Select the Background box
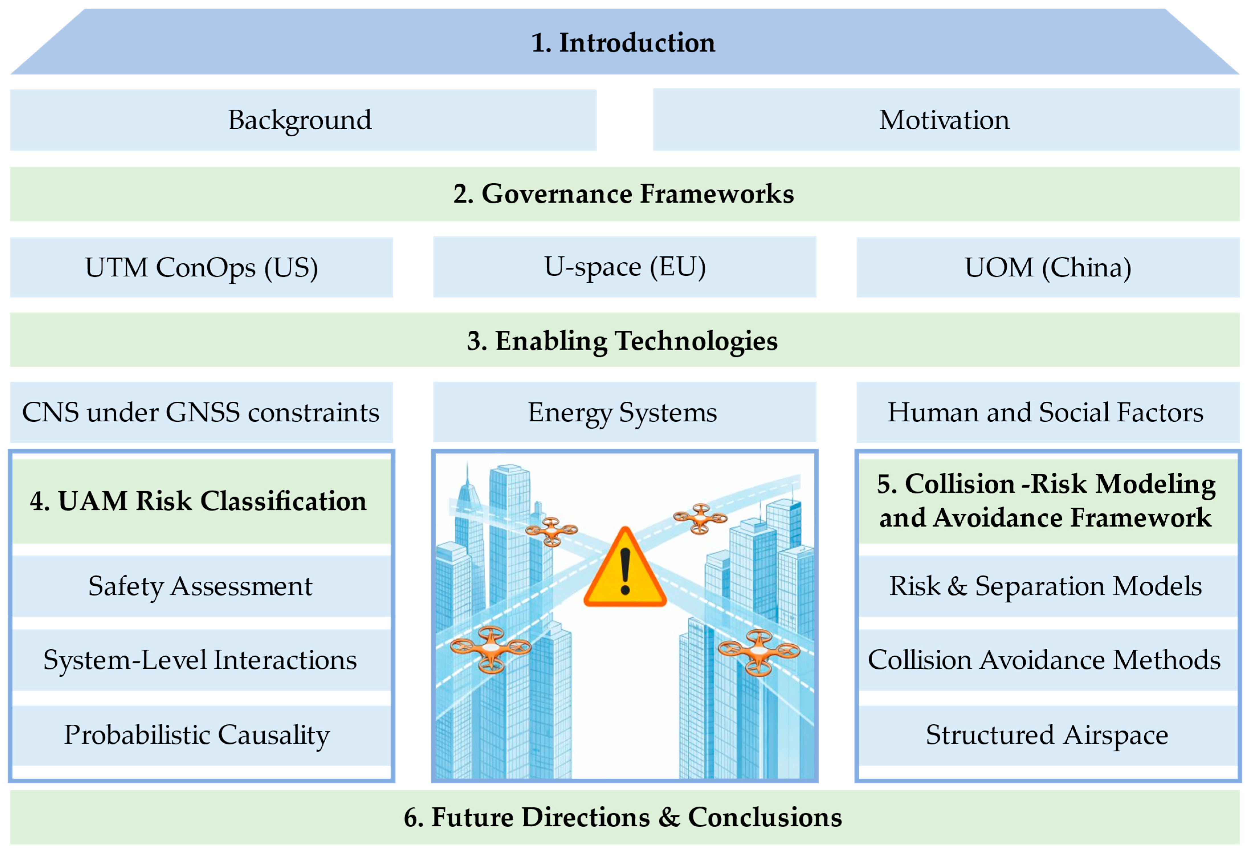point(303,120)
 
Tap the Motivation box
point(946,120)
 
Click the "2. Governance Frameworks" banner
point(623,194)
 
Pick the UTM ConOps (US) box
point(201,267)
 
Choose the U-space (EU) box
point(624,267)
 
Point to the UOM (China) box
point(1048,267)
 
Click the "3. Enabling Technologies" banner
point(623,340)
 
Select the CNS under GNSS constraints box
point(201,412)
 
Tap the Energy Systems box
point(624,412)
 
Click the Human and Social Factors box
point(1048,412)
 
